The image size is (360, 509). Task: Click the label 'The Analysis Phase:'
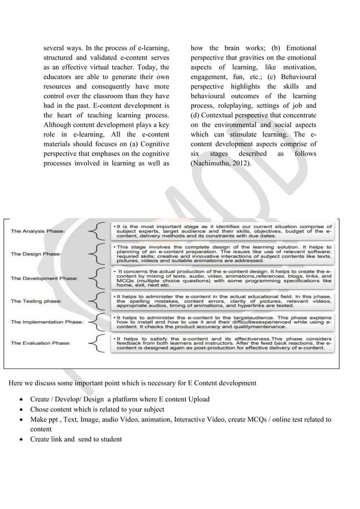(x=37, y=230)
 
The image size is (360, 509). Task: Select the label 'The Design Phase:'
(x=36, y=254)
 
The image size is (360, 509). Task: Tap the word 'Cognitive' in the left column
(x=153, y=143)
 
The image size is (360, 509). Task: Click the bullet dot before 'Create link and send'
(x=22, y=440)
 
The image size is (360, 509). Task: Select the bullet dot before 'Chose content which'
(x=22, y=409)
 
